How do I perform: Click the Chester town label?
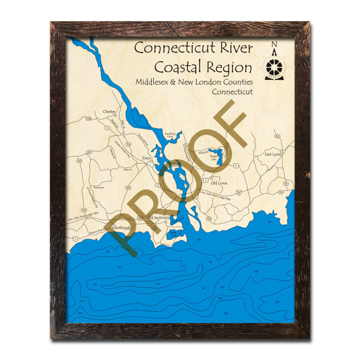pyautogui.click(x=109, y=111)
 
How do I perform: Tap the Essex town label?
pyautogui.click(x=146, y=158)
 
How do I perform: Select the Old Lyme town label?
pyautogui.click(x=219, y=183)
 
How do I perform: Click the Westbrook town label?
pyautogui.click(x=121, y=227)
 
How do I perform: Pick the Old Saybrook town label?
pyautogui.click(x=158, y=218)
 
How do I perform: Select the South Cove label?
pyautogui.click(x=173, y=234)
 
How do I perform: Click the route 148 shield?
pyautogui.click(x=89, y=119)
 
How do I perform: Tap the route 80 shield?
pyautogui.click(x=89, y=152)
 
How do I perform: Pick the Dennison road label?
pyautogui.click(x=99, y=188)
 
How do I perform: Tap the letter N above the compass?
pyautogui.click(x=274, y=44)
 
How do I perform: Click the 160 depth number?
pyautogui.click(x=226, y=313)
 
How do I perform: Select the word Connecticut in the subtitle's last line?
pyautogui.click(x=232, y=92)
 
